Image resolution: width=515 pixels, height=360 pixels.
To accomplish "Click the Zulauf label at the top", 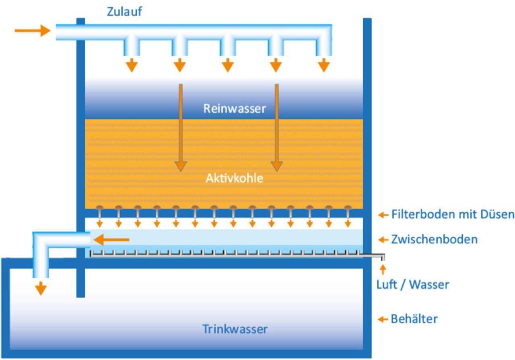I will (124, 11).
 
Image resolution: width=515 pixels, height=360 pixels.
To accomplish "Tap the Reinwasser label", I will (235, 109).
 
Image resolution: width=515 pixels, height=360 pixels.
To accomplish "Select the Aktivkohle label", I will (234, 178).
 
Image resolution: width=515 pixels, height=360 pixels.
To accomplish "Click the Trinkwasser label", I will (235, 329).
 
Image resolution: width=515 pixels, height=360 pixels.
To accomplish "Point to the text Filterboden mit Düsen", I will (452, 215).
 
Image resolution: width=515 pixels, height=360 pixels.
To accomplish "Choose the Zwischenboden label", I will (434, 240).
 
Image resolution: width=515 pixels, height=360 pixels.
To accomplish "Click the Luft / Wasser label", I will (412, 285).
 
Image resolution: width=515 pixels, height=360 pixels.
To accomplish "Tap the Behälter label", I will (414, 319).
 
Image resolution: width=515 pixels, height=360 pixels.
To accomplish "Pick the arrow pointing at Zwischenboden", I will (383, 240).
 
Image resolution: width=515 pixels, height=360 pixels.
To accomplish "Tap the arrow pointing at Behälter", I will (383, 320).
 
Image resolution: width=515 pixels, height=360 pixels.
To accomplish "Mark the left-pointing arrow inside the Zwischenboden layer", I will (113, 240).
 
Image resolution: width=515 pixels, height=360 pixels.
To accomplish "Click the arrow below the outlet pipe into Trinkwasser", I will (41, 288).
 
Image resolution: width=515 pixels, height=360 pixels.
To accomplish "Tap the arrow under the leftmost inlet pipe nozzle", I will (132, 65).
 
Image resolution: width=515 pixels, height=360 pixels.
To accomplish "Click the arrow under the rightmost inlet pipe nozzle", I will (323, 65).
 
